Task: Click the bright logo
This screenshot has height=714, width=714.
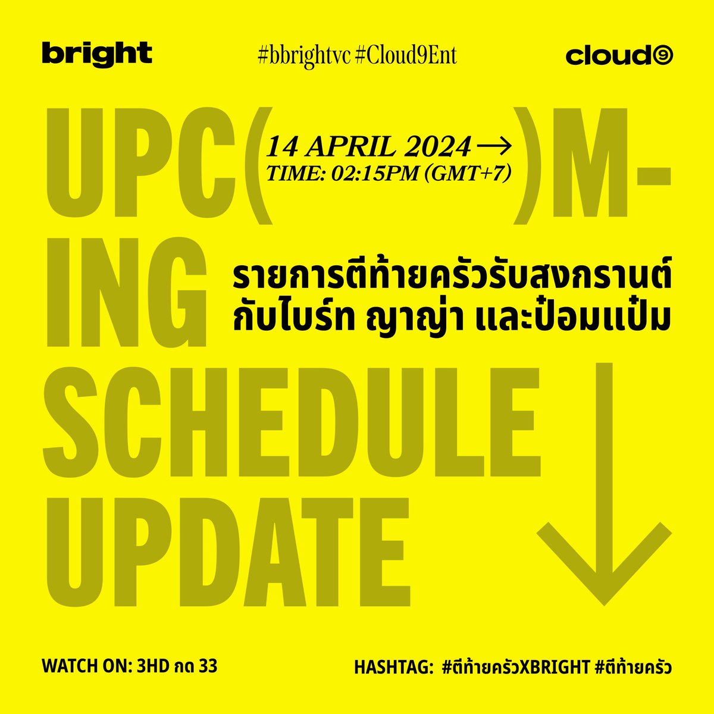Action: point(97,54)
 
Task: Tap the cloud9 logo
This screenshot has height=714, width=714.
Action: point(620,56)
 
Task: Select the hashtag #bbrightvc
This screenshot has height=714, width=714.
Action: point(302,55)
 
